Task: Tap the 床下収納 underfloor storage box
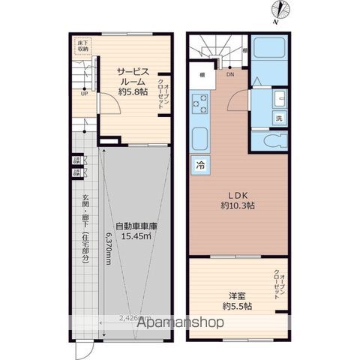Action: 82,47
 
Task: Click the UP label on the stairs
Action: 85,94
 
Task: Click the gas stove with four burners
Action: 200,106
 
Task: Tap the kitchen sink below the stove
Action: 200,139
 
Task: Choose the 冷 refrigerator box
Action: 201,164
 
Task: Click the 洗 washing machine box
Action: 278,118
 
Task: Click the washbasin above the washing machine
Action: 277,98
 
